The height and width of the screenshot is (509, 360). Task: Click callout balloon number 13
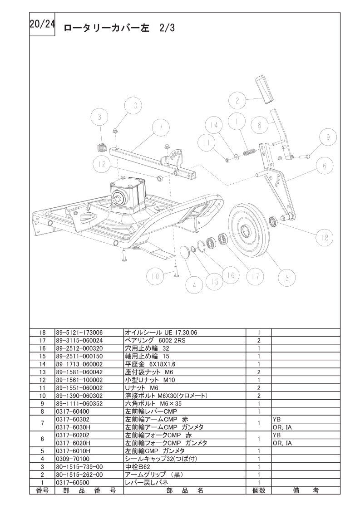(x=133, y=106)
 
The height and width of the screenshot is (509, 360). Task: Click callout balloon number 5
(x=287, y=277)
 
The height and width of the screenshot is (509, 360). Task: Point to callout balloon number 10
(x=155, y=276)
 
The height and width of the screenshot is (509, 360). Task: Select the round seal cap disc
(x=186, y=252)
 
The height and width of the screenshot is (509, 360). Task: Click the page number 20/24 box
(x=42, y=24)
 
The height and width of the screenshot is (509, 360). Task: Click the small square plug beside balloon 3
(x=102, y=147)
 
